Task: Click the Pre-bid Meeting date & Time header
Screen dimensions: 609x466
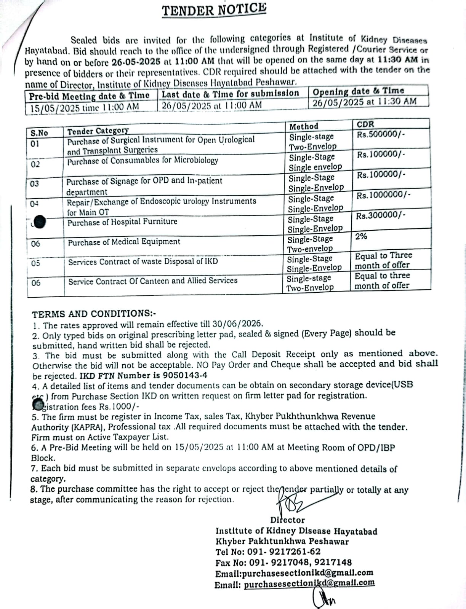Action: tap(89, 96)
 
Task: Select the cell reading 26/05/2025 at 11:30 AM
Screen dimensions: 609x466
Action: tap(364, 102)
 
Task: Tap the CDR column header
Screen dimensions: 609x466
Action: tap(365, 124)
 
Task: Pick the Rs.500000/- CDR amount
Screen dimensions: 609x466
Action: tap(381, 134)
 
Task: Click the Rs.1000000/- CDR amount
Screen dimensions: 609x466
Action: tap(383, 195)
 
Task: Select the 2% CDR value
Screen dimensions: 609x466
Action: tap(361, 236)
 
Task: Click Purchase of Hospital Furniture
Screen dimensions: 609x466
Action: tap(122, 222)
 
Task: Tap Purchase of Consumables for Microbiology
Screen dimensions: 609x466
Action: tap(143, 161)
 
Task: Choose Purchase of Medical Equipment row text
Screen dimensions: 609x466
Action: tap(124, 242)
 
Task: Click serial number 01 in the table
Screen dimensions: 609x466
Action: tap(35, 144)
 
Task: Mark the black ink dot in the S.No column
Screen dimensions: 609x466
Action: tap(40, 222)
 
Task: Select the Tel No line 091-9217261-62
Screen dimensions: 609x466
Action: tap(268, 552)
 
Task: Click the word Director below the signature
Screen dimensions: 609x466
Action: tap(287, 520)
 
